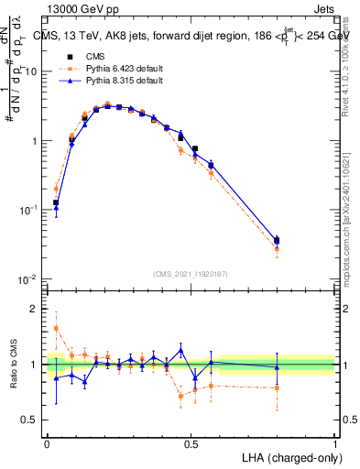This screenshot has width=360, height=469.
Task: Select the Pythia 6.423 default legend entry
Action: pyautogui.click(x=109, y=68)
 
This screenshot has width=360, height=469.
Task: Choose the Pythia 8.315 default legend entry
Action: pyautogui.click(x=109, y=81)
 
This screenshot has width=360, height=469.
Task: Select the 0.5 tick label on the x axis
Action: pyautogui.click(x=191, y=442)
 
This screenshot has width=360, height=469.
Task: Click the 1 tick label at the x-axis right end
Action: pyautogui.click(x=334, y=442)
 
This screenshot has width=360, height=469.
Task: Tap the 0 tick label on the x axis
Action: pyautogui.click(x=47, y=442)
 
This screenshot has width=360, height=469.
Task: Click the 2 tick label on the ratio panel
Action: pyautogui.click(x=37, y=310)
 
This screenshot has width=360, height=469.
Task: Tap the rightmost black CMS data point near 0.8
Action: pyautogui.click(x=278, y=240)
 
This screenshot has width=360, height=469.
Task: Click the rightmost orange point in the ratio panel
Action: pyautogui.click(x=278, y=387)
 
